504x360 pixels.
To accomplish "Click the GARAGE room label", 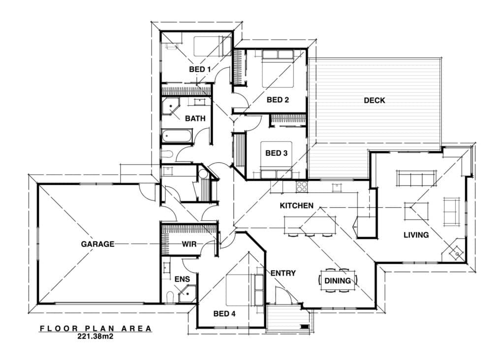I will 97,243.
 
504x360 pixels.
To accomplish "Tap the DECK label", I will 374,100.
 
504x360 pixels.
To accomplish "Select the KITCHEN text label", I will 296,205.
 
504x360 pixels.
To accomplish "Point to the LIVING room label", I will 416,235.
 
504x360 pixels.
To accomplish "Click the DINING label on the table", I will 338,281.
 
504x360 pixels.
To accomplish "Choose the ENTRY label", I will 283,273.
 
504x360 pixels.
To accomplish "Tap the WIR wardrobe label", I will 189,243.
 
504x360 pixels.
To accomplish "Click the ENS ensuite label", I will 182,279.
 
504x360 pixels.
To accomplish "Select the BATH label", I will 195,119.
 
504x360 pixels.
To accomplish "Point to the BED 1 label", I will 200,69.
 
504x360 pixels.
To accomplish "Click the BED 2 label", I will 278,100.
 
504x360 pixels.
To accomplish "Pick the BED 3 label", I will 276,153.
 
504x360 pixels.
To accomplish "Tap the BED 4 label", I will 224,313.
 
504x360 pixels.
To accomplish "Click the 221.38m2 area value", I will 96,337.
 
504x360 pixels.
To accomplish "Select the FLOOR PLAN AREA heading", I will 96,329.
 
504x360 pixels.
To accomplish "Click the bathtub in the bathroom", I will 177,136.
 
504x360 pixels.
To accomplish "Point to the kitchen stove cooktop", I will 302,186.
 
